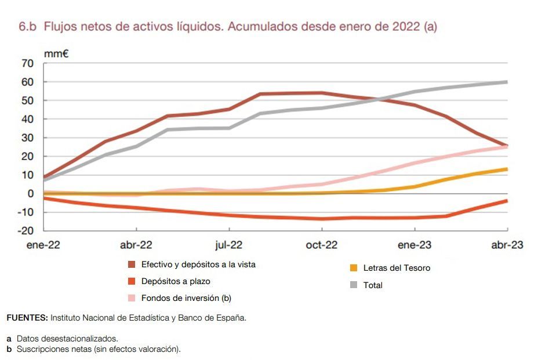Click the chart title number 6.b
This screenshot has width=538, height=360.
tap(28, 27)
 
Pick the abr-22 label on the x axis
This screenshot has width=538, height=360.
tap(136, 245)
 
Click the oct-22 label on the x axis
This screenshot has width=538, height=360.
tap(321, 245)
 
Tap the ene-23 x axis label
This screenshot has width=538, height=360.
tap(415, 245)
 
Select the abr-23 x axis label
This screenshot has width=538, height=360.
tap(507, 245)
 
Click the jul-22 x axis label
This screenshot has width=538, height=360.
tap(228, 245)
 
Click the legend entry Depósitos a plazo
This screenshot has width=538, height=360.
tap(176, 281)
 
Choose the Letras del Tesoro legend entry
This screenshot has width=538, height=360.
tap(397, 268)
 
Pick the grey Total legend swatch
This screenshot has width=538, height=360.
tap(353, 285)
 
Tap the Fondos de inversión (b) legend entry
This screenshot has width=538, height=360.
tap(186, 298)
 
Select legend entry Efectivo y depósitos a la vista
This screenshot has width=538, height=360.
tap(198, 264)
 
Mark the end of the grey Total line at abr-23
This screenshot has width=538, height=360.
tap(507, 82)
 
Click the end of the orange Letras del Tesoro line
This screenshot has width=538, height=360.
tap(507, 169)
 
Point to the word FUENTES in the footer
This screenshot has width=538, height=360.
tap(27, 318)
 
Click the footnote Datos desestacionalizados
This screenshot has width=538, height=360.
tap(67, 338)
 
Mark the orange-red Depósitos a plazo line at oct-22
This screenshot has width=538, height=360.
tap(322, 219)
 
